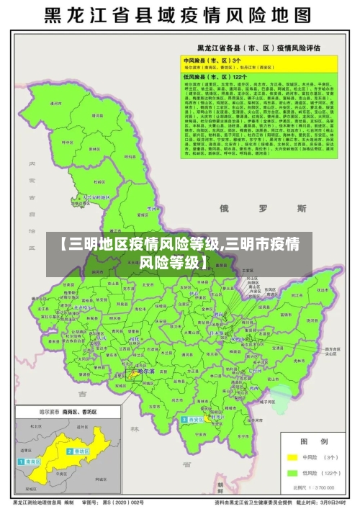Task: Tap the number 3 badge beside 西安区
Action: pos(184,419)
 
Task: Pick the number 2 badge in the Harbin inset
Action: pos(70,451)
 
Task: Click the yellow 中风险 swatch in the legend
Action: pos(293,456)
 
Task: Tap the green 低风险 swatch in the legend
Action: pos(293,473)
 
